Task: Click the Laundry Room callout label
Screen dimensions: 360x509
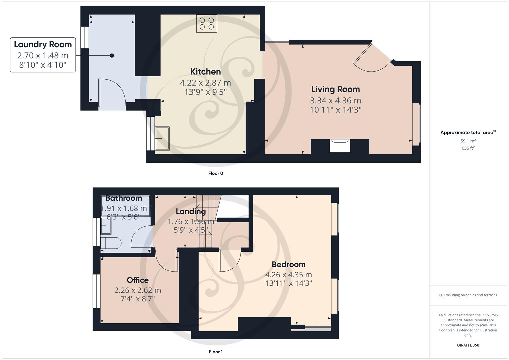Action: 43,55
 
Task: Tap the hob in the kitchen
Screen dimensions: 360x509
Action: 206,24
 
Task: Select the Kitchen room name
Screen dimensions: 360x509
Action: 205,72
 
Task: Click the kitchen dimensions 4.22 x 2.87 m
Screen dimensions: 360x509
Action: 205,83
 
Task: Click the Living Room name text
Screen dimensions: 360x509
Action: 335,89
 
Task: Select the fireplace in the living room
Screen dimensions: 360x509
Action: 340,146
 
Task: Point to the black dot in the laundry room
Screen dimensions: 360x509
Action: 112,56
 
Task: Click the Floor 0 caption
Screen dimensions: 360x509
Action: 215,173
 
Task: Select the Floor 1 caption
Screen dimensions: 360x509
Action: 215,352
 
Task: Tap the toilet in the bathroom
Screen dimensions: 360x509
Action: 108,243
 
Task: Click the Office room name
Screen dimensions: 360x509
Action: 137,280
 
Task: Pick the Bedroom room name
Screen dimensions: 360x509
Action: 288,265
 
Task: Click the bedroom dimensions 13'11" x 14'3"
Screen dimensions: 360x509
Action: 288,283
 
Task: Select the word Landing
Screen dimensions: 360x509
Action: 191,211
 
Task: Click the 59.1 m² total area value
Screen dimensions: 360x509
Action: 468,141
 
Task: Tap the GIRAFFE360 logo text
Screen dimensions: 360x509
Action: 468,345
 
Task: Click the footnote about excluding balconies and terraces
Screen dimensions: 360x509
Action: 468,295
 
